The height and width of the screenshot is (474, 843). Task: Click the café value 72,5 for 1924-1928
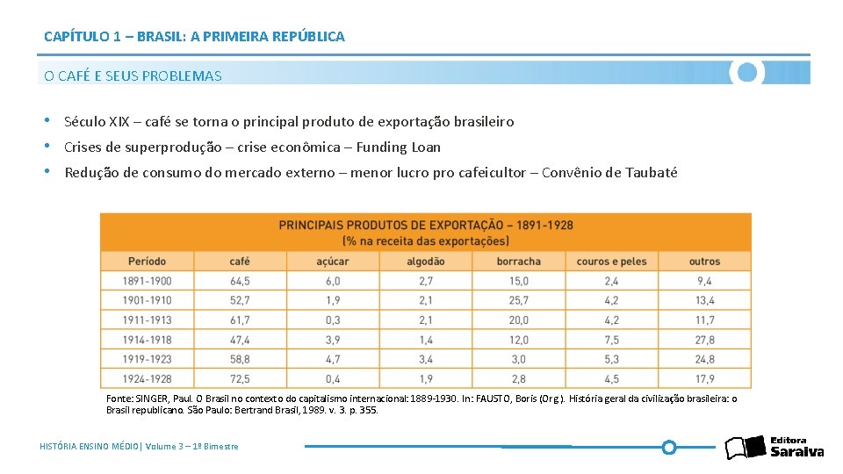[240, 379]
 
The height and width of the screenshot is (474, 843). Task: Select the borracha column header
[518, 262]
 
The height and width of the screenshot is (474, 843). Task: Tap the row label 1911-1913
[148, 320]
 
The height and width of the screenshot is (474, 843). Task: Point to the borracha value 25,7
[518, 300]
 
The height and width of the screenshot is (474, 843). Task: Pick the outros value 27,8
[704, 340]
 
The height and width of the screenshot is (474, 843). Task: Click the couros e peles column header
[611, 262]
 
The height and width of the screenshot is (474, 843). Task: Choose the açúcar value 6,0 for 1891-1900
[332, 281]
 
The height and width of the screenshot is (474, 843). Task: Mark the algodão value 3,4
[425, 359]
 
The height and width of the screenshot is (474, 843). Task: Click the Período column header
[148, 262]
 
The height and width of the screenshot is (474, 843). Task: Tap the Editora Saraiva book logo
[745, 447]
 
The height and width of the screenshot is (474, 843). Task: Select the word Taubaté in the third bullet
[651, 173]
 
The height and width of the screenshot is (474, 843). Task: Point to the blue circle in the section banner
[747, 73]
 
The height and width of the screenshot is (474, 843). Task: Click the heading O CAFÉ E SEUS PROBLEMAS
[133, 75]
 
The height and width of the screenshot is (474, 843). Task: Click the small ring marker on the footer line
[668, 448]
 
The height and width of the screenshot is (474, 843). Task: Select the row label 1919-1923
[148, 359]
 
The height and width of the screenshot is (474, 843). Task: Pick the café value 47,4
[240, 340]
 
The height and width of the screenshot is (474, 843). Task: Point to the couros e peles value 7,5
[611, 340]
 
